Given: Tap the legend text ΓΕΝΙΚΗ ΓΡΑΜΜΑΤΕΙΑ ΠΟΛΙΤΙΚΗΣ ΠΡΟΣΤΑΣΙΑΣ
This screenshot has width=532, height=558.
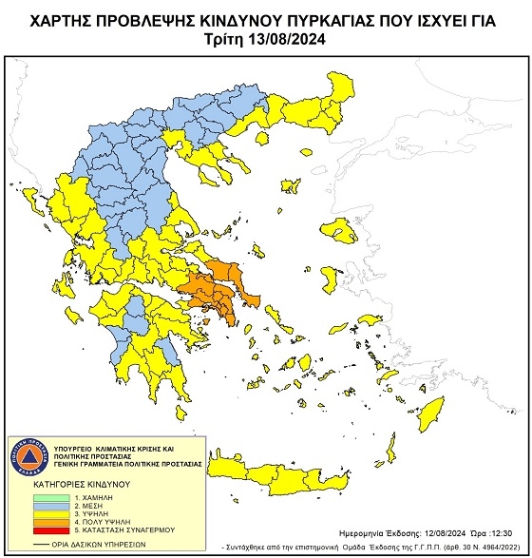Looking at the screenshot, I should (x=132, y=464).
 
